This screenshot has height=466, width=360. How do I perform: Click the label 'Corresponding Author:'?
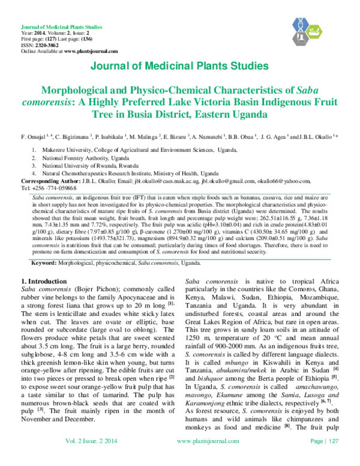click(50, 180)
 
